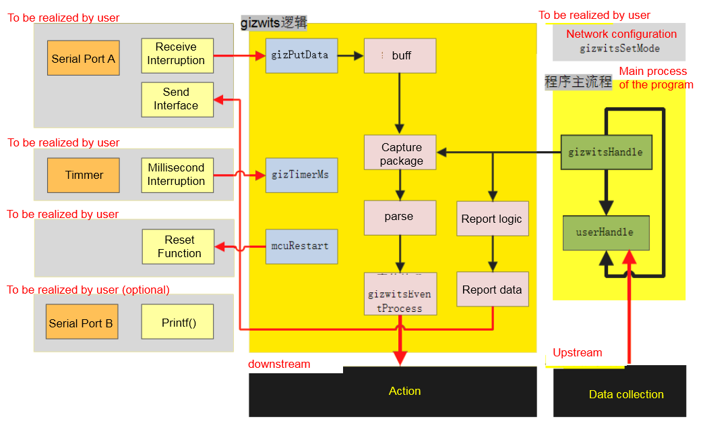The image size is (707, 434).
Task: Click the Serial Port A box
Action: [x=84, y=58]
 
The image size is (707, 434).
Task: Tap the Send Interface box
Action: [x=177, y=99]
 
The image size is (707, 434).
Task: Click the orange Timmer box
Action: [x=84, y=175]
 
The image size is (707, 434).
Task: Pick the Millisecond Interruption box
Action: [x=177, y=175]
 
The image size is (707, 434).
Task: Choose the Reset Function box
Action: [x=179, y=246]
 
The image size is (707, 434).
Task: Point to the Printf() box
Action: [x=178, y=322]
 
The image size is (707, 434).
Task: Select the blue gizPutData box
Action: [x=300, y=55]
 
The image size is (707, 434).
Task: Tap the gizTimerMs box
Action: [x=300, y=175]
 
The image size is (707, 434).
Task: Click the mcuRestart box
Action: [x=300, y=246]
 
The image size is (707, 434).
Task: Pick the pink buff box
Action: [x=400, y=55]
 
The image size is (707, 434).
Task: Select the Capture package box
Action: [x=400, y=153]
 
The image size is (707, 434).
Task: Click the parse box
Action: [x=400, y=217]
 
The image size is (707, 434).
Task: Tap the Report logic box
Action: [x=492, y=219]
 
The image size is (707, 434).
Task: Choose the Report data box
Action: [x=492, y=290]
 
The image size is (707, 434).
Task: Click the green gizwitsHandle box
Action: [x=606, y=152]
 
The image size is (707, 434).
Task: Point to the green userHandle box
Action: [x=606, y=232]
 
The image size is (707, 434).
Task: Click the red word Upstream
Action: [x=578, y=353]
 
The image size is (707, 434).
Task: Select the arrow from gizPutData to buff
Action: [x=350, y=55]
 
